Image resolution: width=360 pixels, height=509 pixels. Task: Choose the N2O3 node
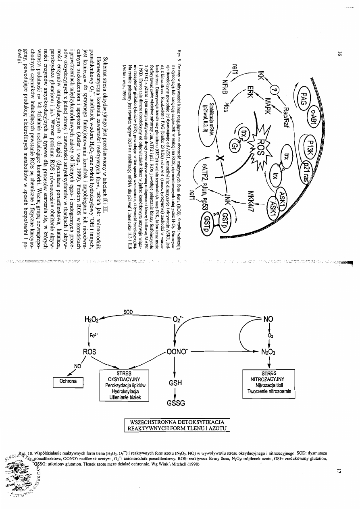coord(268,352)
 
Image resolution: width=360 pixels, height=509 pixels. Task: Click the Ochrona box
coord(68,381)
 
